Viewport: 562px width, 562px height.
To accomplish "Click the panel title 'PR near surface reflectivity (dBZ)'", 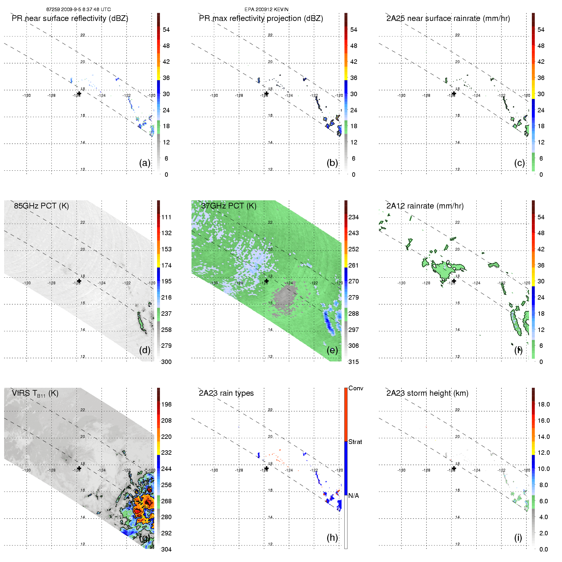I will click(70, 18).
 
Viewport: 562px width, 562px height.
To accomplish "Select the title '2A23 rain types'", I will click(226, 393).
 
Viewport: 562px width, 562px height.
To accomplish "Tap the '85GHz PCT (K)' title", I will click(41, 206).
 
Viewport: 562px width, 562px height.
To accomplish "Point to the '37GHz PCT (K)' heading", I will click(228, 206).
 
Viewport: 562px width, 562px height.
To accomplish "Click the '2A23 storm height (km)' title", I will click(427, 393).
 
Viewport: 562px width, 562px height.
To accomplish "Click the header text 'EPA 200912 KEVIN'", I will click(266, 10).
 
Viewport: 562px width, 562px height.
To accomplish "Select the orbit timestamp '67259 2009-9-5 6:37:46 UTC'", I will click(78, 10).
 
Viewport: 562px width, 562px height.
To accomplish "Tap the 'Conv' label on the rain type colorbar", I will click(355, 388).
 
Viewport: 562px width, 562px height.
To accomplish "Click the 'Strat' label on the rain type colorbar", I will click(355, 442).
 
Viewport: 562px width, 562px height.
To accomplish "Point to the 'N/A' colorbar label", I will click(354, 496).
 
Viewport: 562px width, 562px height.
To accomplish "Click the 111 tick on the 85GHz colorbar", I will click(166, 217).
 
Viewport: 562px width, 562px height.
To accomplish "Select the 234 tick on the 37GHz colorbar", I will click(354, 217).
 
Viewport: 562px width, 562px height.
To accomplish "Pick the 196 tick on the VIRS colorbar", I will click(166, 404).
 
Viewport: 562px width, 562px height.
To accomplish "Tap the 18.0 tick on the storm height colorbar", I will click(543, 404).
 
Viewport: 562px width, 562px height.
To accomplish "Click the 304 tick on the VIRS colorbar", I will click(166, 549).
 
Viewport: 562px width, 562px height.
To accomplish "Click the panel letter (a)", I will click(145, 163).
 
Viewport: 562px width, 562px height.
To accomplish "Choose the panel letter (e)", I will click(332, 350).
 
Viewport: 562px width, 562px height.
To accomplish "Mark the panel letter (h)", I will click(332, 537).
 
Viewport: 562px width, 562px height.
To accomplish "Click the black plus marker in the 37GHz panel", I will click(266, 281).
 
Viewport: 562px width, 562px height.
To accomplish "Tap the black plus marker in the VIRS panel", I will click(79, 468).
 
